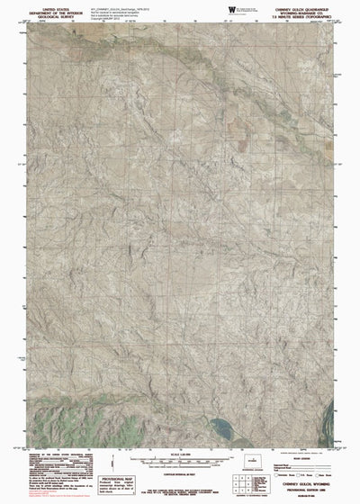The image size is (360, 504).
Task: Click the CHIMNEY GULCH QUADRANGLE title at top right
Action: [312, 5]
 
